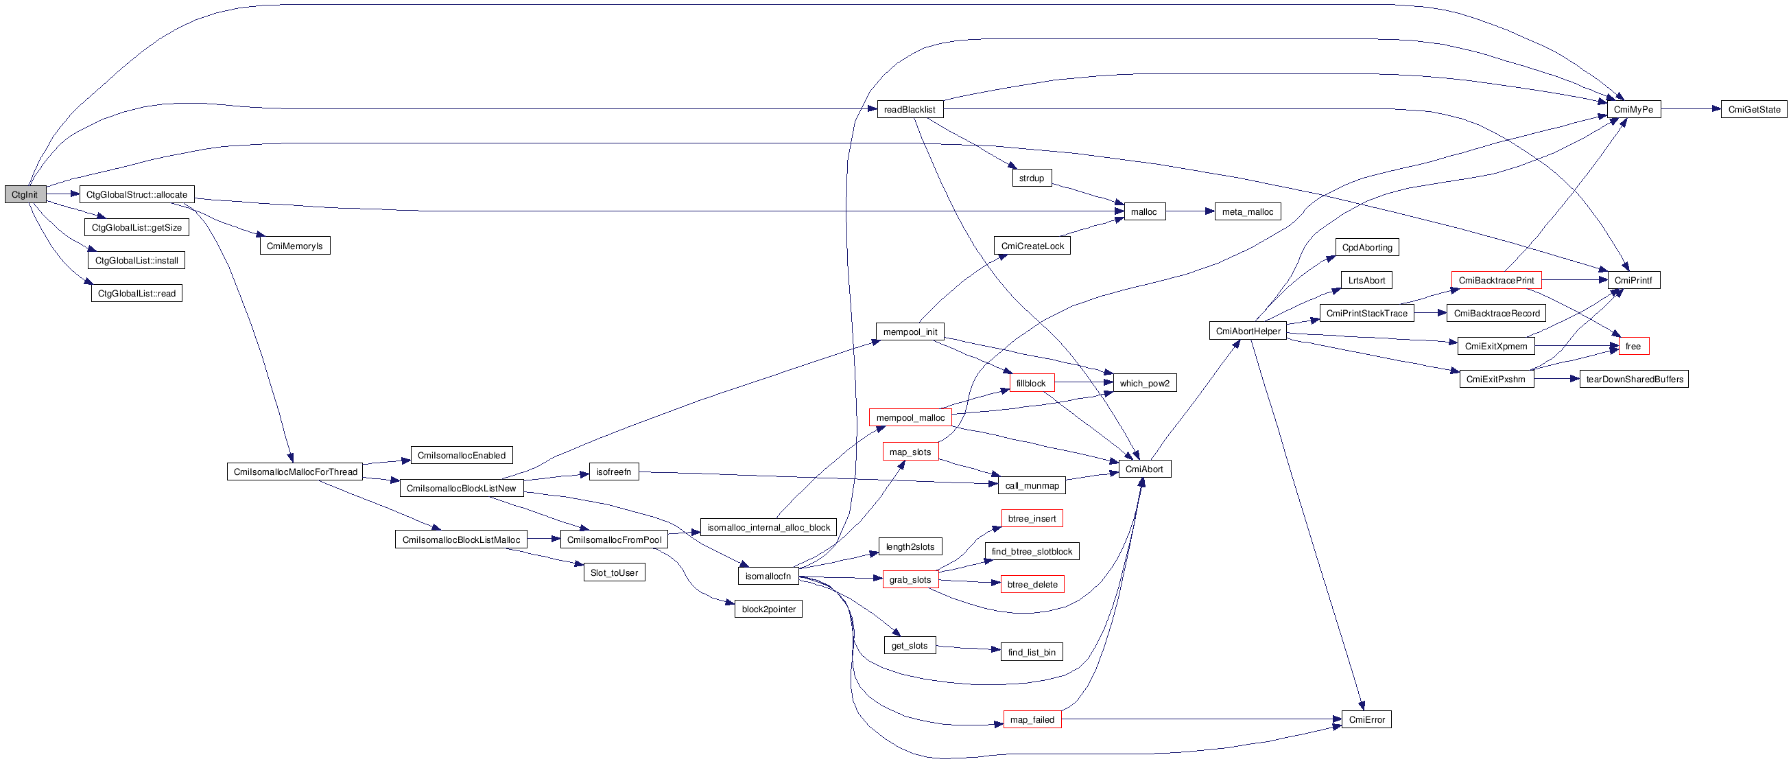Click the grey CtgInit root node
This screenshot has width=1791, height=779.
coord(25,195)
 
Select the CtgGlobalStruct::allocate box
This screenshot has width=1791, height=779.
coord(137,195)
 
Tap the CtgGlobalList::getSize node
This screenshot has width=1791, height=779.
coord(137,227)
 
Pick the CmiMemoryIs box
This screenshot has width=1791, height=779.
coord(295,246)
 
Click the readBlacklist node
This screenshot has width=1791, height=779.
coord(910,109)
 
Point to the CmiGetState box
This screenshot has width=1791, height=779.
coord(1753,109)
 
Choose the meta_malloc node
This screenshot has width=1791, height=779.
coord(1247,211)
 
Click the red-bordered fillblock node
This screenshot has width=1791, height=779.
coord(1031,383)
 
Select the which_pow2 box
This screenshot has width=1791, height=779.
coord(1144,383)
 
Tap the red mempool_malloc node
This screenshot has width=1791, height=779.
coord(910,417)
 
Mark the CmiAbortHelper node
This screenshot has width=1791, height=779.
coord(1248,331)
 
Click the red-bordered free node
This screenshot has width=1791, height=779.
coord(1633,347)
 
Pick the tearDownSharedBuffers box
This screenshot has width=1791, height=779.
coord(1634,379)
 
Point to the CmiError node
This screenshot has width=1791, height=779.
coord(1366,720)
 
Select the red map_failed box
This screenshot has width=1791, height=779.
coord(1032,720)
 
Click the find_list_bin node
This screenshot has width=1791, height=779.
coord(1031,653)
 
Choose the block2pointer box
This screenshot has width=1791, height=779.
coord(768,609)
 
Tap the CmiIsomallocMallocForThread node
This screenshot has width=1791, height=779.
coord(295,472)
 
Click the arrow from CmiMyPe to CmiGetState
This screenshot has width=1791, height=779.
coord(1690,109)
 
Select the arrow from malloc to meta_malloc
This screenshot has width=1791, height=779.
coord(1189,211)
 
